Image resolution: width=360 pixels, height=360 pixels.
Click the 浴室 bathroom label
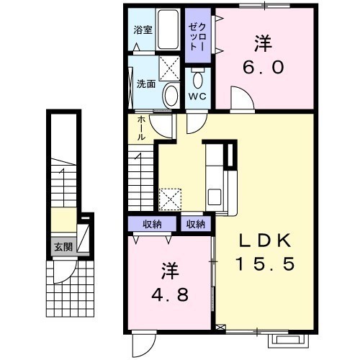point(143,30)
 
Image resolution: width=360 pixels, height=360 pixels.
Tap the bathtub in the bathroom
point(168,30)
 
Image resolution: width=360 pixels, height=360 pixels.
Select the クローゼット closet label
point(197,37)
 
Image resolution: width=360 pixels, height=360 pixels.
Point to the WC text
point(197,96)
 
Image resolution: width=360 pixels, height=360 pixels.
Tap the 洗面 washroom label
point(146,84)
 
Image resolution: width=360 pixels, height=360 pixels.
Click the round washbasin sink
point(171,96)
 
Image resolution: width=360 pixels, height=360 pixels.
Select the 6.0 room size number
point(264,67)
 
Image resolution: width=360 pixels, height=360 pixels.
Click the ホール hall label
point(142,128)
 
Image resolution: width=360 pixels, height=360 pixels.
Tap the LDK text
point(265,240)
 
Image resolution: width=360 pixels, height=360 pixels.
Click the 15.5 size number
point(265,264)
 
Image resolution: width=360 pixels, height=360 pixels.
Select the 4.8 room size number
point(170,294)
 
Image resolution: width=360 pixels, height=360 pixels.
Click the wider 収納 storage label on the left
point(152,224)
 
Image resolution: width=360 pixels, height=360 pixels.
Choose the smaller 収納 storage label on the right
point(196,224)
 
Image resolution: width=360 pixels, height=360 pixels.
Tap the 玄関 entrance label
point(63,247)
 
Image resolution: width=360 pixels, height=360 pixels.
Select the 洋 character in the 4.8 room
point(170,271)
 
